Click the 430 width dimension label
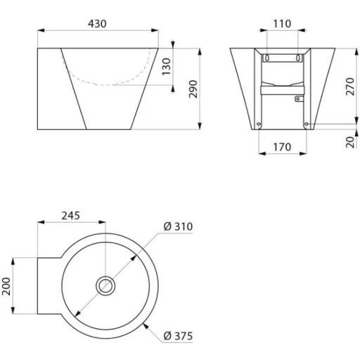coord(97,24)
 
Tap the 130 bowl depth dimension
coord(167,67)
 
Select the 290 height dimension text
coord(193,89)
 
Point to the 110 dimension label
coord(282,24)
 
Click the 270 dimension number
coord(350,86)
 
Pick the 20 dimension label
coord(350,142)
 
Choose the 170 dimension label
coord(282,147)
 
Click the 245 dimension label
coord(71,216)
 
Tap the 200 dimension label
coord(6,286)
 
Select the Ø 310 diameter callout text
coord(178,226)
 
